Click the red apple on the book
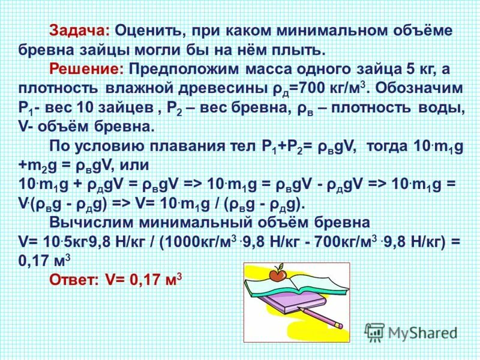tap(277, 274)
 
